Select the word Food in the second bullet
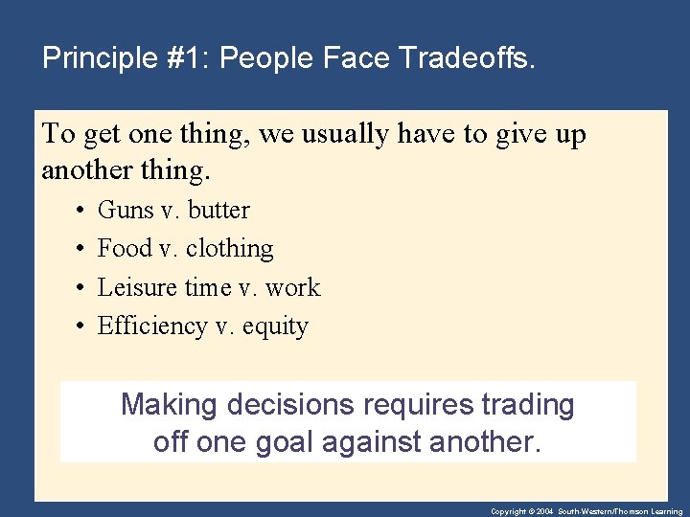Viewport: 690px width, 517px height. (x=125, y=249)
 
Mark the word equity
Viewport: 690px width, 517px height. (x=275, y=327)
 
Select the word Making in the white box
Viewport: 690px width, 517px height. (x=170, y=405)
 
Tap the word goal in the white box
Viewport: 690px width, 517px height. (x=286, y=442)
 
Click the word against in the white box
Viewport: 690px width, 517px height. (x=376, y=442)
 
